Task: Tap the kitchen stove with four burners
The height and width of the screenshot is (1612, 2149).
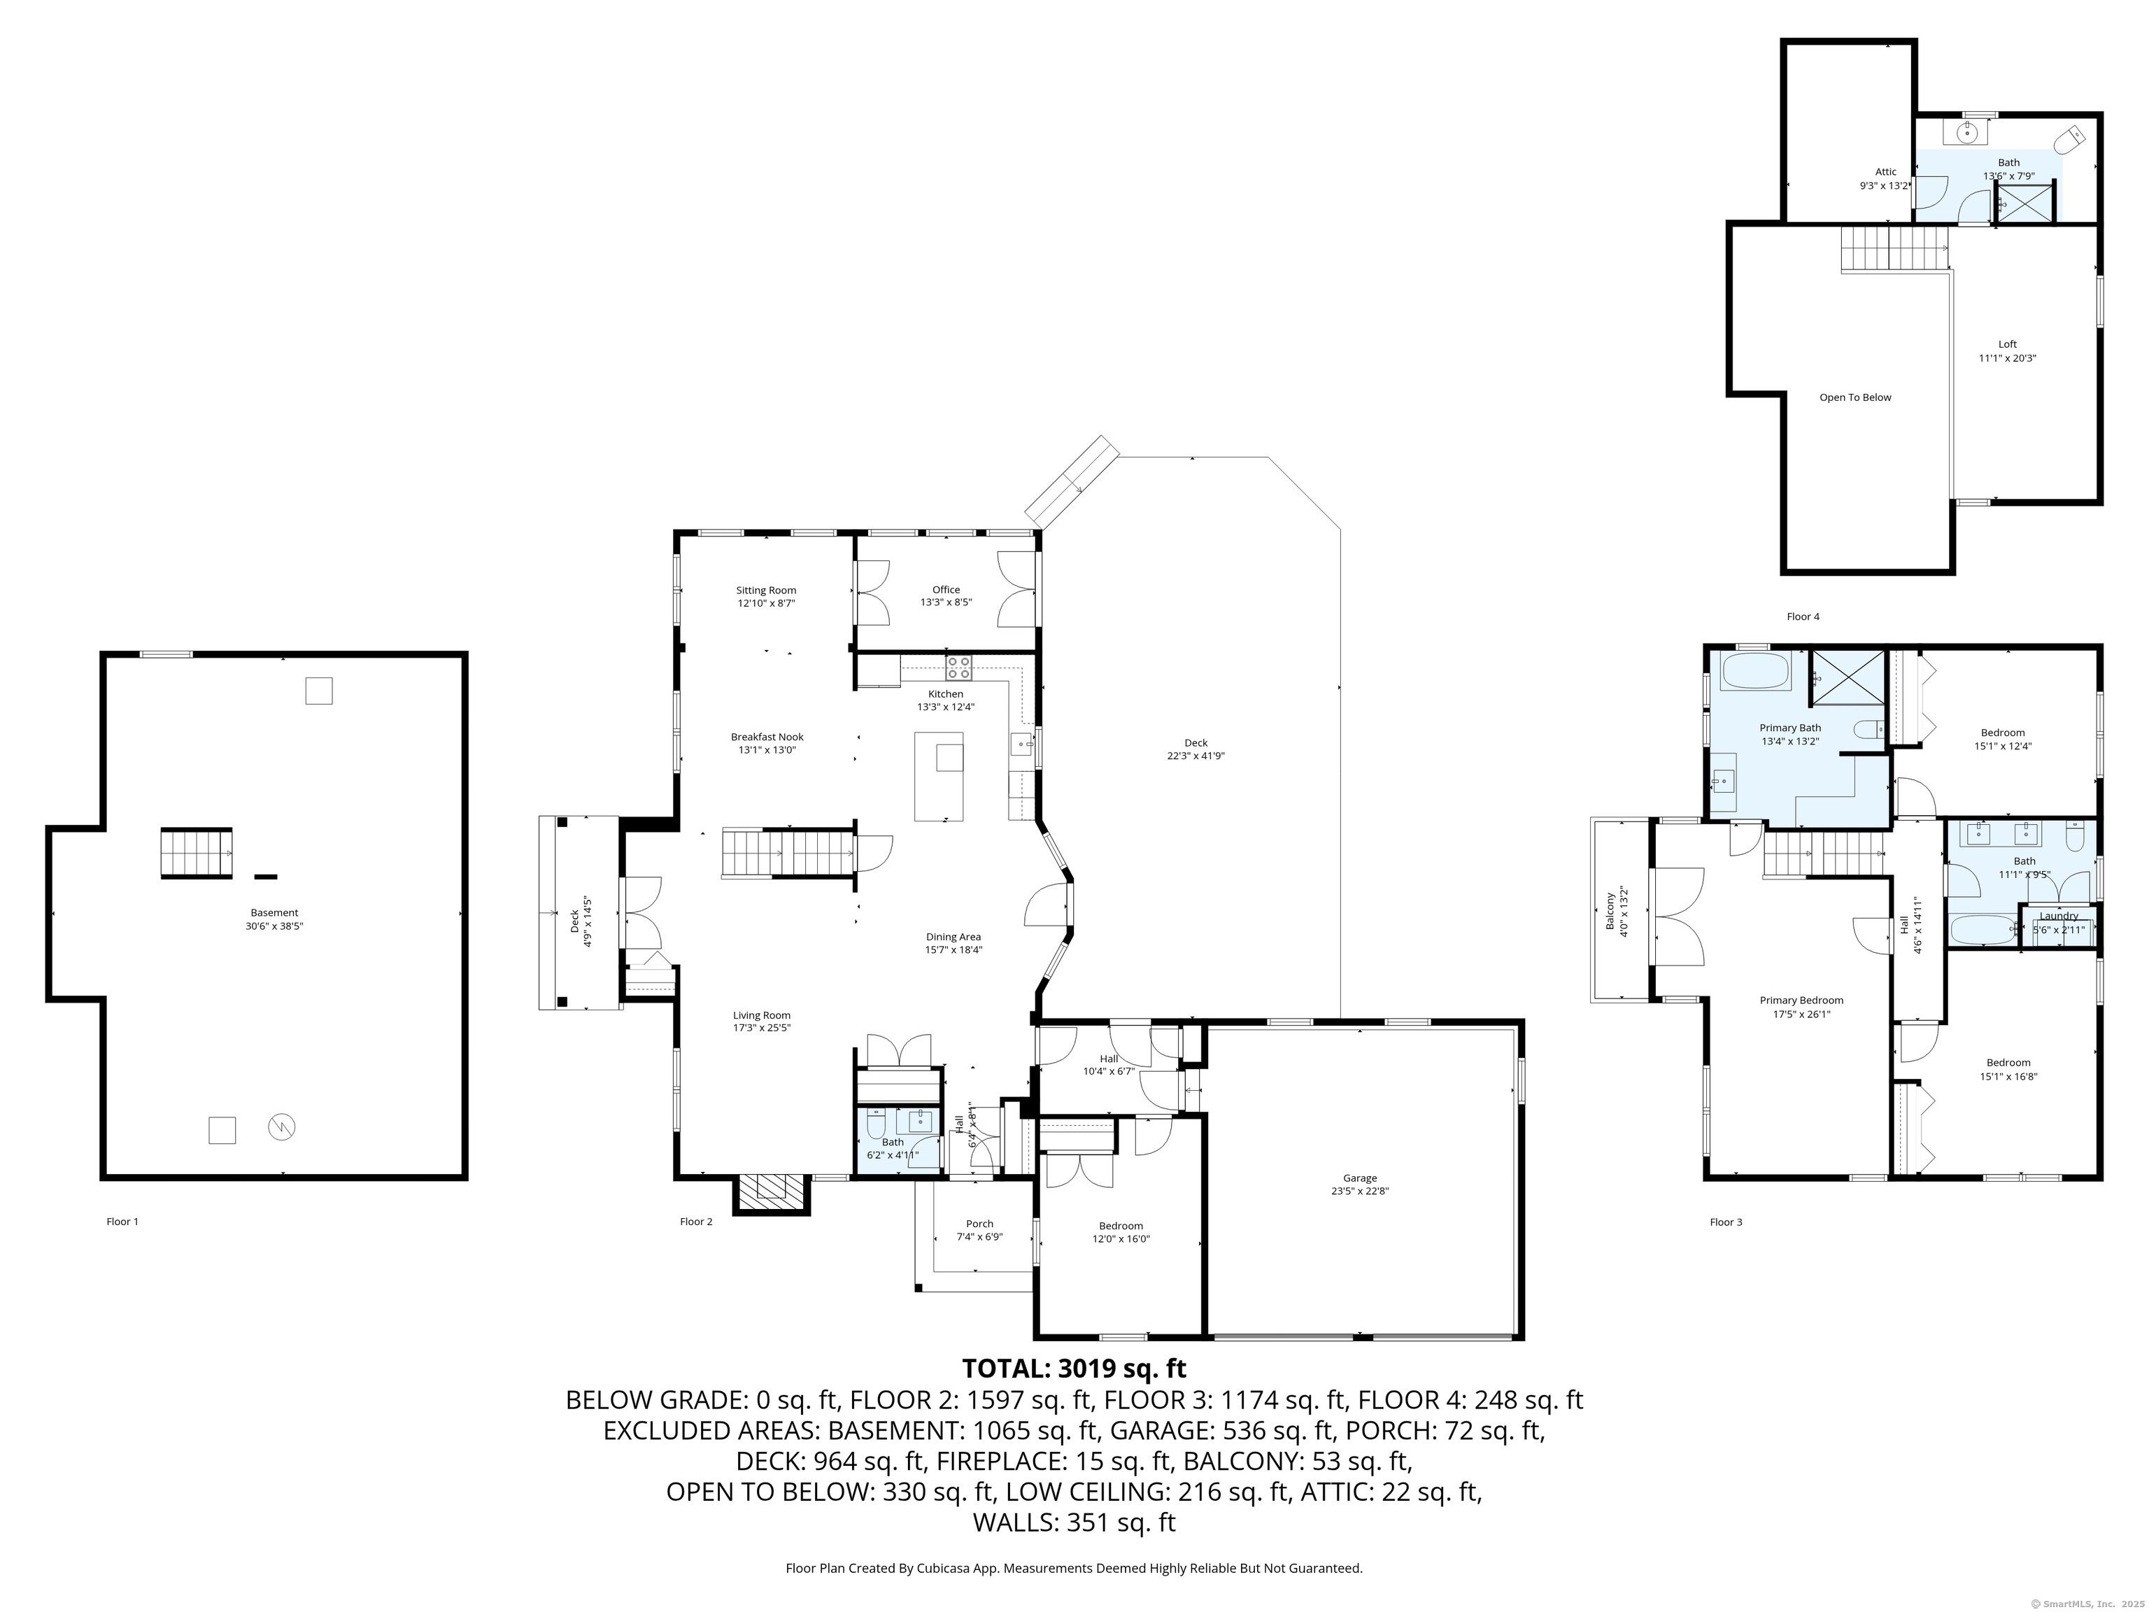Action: (959, 667)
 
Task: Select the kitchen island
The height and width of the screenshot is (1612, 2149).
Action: (939, 777)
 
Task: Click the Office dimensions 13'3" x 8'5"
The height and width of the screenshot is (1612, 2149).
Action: (946, 602)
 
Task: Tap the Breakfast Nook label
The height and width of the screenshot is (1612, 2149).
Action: (767, 737)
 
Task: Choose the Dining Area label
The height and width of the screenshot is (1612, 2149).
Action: (953, 937)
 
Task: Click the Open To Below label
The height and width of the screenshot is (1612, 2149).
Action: (1856, 397)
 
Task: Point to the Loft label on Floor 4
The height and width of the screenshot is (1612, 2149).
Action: (2007, 344)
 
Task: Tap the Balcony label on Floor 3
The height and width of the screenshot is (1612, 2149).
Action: (1610, 912)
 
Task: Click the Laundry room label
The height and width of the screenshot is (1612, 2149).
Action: (2059, 915)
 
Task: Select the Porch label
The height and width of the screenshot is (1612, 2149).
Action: (979, 1223)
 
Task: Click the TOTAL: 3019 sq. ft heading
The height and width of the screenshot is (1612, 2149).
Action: (1074, 1368)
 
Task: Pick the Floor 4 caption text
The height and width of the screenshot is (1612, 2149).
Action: (1803, 616)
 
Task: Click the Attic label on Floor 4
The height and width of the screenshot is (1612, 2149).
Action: (1886, 172)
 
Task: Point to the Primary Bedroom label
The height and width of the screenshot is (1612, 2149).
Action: (1801, 1000)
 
